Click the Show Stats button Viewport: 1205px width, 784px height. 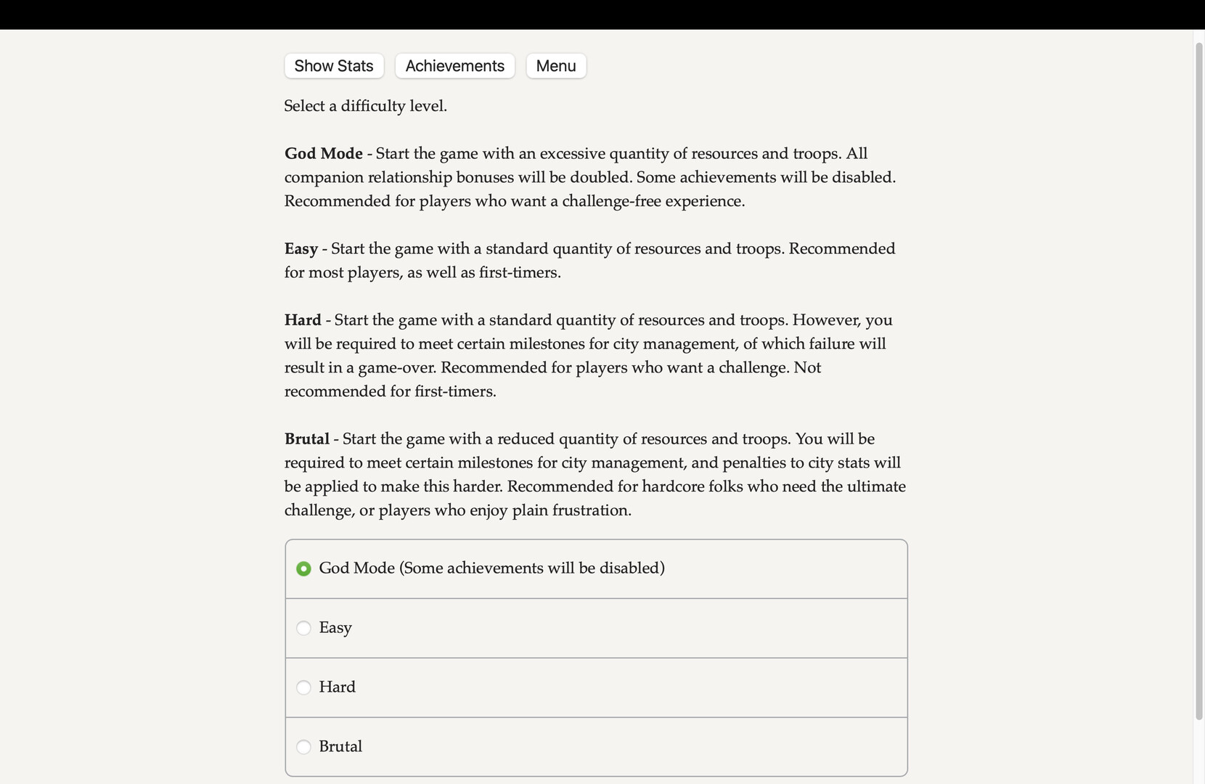334,66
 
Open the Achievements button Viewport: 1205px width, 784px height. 454,66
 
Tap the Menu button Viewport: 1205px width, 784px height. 556,66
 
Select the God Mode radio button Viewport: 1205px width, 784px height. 303,569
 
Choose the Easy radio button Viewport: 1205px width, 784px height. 303,628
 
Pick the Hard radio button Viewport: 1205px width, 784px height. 303,687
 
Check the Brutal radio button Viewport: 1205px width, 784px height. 303,747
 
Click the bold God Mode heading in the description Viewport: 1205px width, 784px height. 323,154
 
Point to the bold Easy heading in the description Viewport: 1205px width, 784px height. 301,249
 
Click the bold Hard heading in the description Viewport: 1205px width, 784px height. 303,320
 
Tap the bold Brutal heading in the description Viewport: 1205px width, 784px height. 306,439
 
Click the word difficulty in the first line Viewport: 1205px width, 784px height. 372,106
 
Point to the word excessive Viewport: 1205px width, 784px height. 572,154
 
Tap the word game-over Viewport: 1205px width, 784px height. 396,368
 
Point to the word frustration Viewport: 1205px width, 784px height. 592,510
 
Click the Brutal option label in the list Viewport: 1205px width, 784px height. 340,747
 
